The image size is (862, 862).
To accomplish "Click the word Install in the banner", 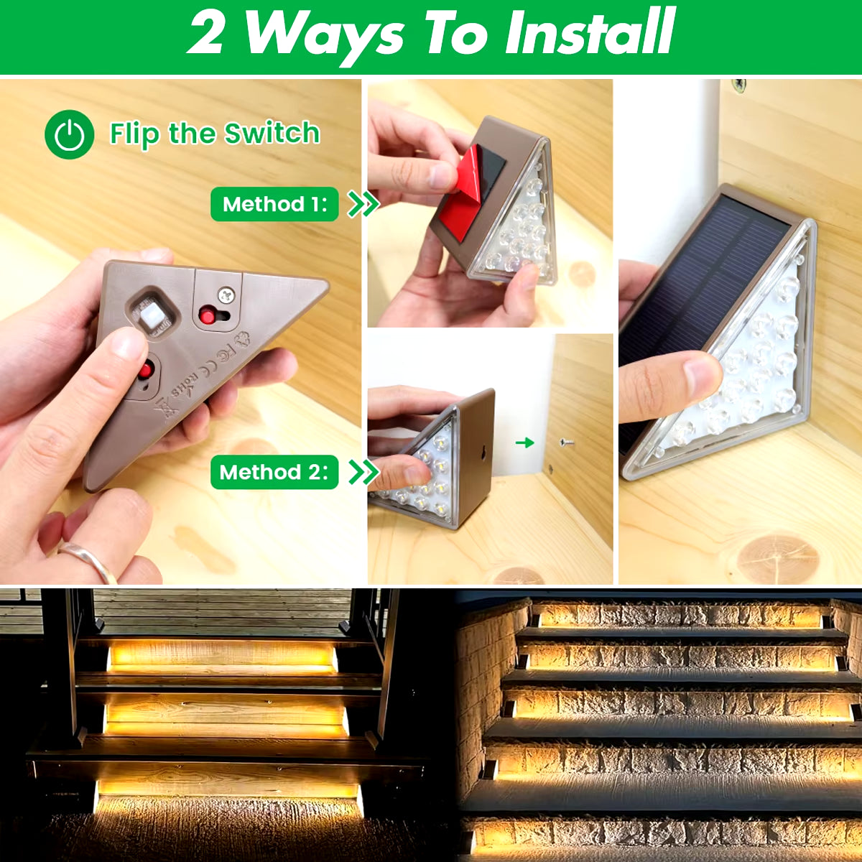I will (x=589, y=33).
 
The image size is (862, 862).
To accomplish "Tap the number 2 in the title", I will (x=206, y=33).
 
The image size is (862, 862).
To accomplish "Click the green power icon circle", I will (x=70, y=134).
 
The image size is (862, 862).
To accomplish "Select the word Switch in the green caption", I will (x=272, y=134).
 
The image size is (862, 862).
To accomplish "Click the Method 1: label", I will (x=274, y=205).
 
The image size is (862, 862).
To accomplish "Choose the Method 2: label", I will (x=274, y=473).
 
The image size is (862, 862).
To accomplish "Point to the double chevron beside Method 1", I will (x=363, y=204).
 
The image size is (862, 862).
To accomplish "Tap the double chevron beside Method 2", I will (x=363, y=472).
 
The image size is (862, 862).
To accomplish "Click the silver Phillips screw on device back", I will (x=227, y=294).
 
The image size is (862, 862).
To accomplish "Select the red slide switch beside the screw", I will (x=209, y=315).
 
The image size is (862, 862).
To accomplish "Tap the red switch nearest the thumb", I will (x=146, y=371).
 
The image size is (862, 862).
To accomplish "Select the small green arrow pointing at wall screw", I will (x=525, y=442).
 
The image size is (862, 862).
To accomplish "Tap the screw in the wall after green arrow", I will (x=567, y=443).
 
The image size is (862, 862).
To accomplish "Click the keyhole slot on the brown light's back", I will (x=482, y=453).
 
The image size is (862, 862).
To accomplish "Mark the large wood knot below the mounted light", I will (x=778, y=556).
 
